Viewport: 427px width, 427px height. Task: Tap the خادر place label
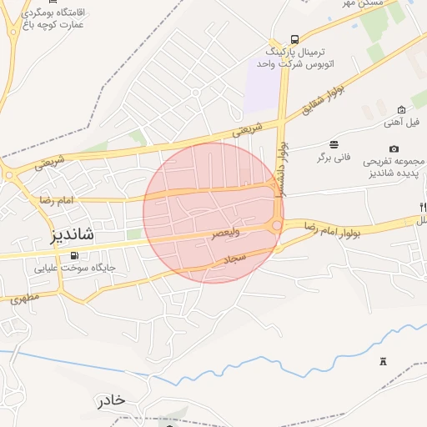pos(111,399)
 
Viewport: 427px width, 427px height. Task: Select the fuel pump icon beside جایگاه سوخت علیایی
pos(75,255)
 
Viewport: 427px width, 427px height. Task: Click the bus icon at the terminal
pos(294,39)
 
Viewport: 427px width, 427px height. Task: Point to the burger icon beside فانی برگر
pos(334,143)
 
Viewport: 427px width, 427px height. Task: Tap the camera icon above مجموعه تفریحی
pos(394,148)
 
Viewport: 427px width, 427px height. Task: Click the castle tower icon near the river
pos(384,360)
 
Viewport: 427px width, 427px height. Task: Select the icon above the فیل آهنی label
pos(402,109)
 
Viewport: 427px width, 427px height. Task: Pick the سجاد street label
pos(236,259)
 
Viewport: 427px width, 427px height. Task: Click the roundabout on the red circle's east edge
pos(276,225)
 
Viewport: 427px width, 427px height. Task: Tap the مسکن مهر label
pos(360,5)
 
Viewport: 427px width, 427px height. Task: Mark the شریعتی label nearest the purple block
pos(246,128)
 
